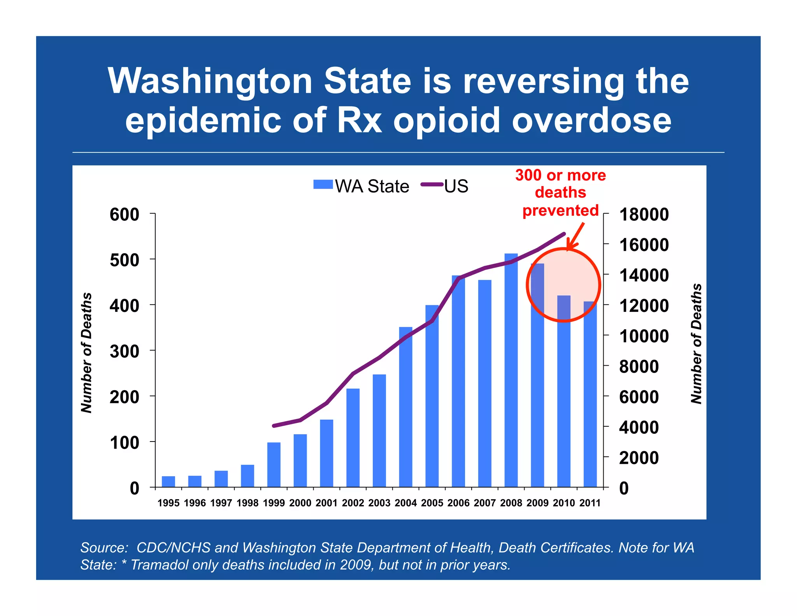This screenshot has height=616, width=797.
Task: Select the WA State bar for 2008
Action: tap(511, 370)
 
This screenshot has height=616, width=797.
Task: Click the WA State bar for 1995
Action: tap(169, 482)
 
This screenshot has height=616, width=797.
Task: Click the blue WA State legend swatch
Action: tap(323, 185)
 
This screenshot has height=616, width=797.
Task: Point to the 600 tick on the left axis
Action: tap(124, 215)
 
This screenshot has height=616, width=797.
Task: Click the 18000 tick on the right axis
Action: tap(644, 215)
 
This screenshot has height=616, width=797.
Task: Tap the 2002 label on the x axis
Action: tap(353, 503)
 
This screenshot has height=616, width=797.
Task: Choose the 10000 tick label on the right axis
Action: tap(644, 336)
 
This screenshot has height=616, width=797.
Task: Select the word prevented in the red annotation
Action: tap(560, 210)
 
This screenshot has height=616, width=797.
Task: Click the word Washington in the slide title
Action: tap(210, 81)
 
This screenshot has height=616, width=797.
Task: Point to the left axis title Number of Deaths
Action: tap(86, 352)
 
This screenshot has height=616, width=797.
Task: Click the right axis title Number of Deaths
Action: tap(696, 344)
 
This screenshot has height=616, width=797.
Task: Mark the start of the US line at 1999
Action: tap(274, 426)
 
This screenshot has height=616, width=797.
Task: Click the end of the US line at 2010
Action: tap(564, 234)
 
